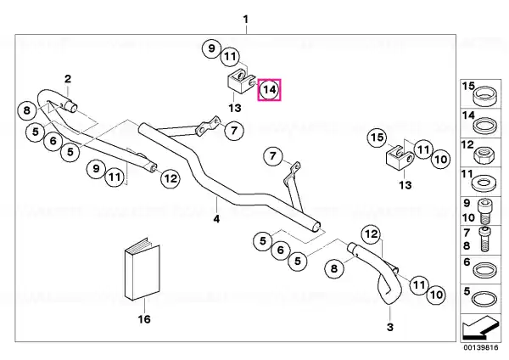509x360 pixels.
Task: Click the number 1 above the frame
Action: tap(246, 20)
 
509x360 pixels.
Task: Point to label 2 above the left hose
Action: tap(68, 79)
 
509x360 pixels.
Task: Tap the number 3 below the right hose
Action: tap(390, 327)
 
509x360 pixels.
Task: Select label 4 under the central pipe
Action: tap(216, 219)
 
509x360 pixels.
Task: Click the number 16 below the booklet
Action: tap(144, 319)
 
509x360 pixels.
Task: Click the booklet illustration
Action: tap(143, 269)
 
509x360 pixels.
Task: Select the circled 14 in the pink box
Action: tap(270, 89)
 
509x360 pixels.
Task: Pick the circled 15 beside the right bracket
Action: tap(377, 138)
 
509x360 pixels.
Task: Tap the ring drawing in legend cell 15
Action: tap(484, 96)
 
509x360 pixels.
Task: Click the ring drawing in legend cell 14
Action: tap(484, 126)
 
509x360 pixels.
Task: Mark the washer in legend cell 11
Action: tap(484, 184)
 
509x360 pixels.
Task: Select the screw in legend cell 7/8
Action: tap(484, 239)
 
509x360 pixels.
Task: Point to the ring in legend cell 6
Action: tap(484, 270)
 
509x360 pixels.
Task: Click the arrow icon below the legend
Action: tap(480, 327)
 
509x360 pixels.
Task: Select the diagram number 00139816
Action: tap(481, 348)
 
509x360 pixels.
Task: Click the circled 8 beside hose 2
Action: tap(26, 110)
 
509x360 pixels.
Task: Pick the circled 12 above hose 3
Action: tap(372, 234)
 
